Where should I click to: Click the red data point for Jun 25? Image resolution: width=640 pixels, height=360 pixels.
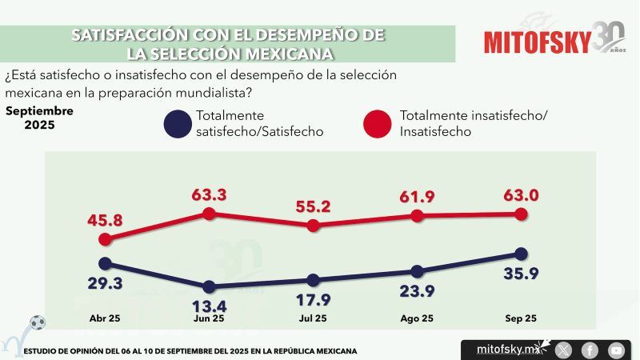209,214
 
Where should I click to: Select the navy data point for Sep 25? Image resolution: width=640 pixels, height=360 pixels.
521,254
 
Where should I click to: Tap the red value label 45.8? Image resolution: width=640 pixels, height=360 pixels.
105,220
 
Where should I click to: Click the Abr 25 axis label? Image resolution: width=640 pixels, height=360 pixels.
105,318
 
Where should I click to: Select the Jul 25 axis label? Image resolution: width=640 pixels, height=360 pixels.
313,318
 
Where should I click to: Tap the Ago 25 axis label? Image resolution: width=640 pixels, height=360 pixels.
417,318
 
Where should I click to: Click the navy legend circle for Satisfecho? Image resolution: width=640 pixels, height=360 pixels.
176,126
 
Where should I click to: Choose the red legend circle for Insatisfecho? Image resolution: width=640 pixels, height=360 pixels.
376,126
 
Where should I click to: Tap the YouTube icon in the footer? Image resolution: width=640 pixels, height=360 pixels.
616,350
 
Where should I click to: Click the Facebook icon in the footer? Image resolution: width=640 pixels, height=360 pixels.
590,350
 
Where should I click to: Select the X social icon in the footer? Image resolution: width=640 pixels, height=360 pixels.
564,350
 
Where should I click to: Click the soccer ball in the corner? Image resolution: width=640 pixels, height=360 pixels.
37,323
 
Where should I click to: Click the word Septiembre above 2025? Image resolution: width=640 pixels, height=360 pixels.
39,110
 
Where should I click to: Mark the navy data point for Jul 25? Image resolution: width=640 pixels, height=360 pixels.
313,280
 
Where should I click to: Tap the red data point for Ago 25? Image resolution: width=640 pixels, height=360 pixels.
417,216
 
